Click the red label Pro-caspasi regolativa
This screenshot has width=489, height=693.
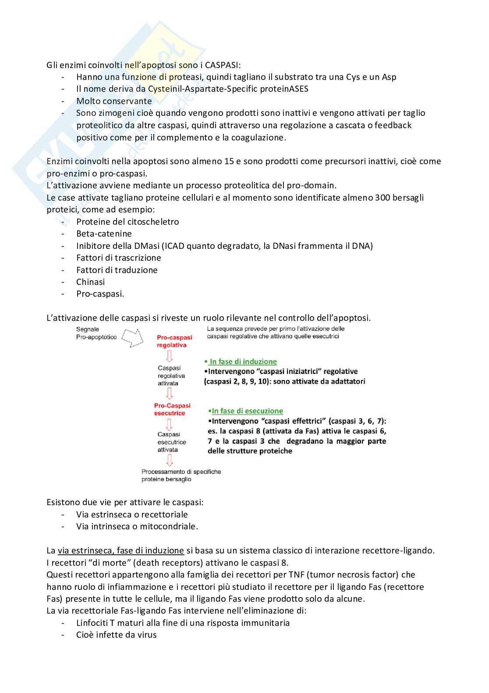(174, 341)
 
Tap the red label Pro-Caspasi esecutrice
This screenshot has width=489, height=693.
(172, 409)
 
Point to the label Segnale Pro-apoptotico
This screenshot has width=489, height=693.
(96, 333)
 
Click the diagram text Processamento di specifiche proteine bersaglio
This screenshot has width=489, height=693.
(181, 475)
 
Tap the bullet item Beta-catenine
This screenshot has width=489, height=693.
(104, 233)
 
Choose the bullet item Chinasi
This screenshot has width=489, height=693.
(90, 282)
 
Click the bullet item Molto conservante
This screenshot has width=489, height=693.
(114, 101)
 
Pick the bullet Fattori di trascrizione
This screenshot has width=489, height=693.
(118, 258)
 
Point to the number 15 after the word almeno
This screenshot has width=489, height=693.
(229, 161)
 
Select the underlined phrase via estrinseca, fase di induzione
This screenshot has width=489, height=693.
(120, 550)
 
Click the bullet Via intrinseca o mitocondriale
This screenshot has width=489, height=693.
(137, 526)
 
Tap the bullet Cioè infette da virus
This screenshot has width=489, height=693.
(116, 635)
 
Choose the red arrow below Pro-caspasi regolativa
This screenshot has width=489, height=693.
(169, 356)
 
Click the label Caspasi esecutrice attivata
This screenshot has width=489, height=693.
(172, 442)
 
